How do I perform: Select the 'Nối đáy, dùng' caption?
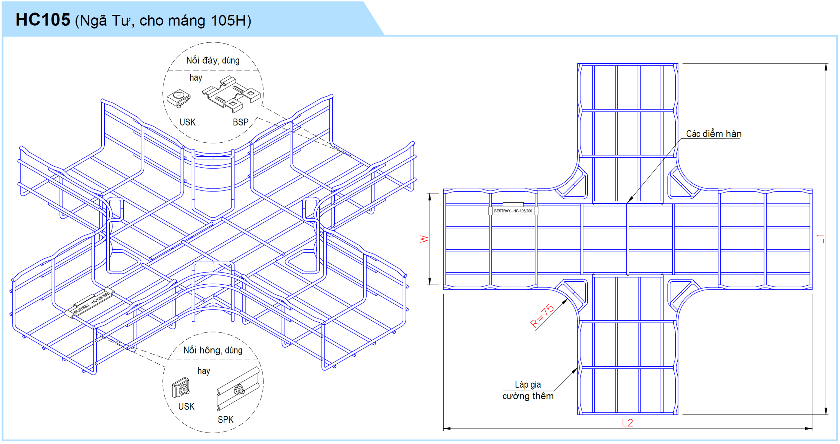(213, 60)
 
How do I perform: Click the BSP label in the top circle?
(241, 122)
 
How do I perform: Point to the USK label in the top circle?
(187, 122)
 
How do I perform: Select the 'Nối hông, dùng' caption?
(213, 350)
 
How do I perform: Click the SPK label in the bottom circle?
(226, 420)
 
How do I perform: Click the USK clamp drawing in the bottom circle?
(181, 388)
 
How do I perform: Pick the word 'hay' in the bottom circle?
(203, 371)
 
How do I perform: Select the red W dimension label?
(424, 239)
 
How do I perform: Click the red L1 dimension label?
(820, 239)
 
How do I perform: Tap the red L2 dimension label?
(627, 423)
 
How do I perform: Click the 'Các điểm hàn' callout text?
(713, 134)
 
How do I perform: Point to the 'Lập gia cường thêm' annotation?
(528, 390)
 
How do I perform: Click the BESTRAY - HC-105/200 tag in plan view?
(513, 211)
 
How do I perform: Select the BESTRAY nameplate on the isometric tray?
(91, 303)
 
